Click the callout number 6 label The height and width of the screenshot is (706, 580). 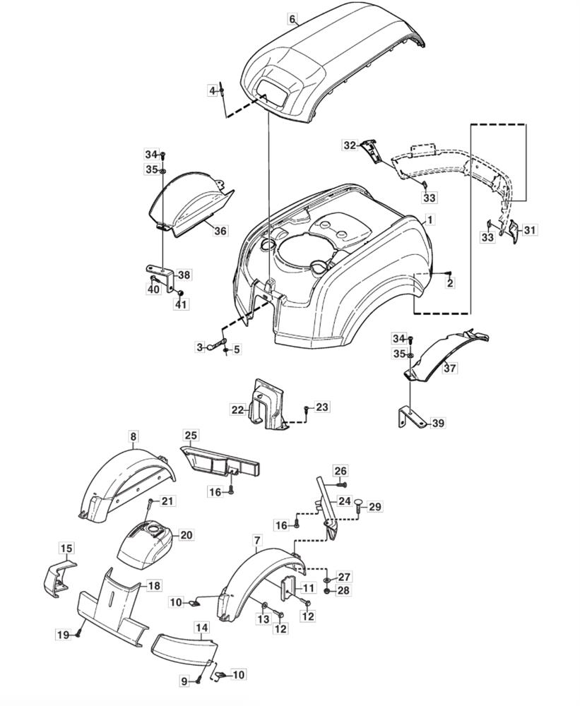point(292,19)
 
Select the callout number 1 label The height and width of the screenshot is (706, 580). point(430,220)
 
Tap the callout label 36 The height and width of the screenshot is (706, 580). point(220,231)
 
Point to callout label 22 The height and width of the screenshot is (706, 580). point(237,409)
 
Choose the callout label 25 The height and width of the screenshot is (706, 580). point(191,436)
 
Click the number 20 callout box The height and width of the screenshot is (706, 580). point(187,535)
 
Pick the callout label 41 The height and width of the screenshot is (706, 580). point(182,304)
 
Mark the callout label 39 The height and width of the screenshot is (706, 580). point(438,423)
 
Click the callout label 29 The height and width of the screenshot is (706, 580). point(374,506)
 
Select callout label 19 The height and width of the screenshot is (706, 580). point(64,635)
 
